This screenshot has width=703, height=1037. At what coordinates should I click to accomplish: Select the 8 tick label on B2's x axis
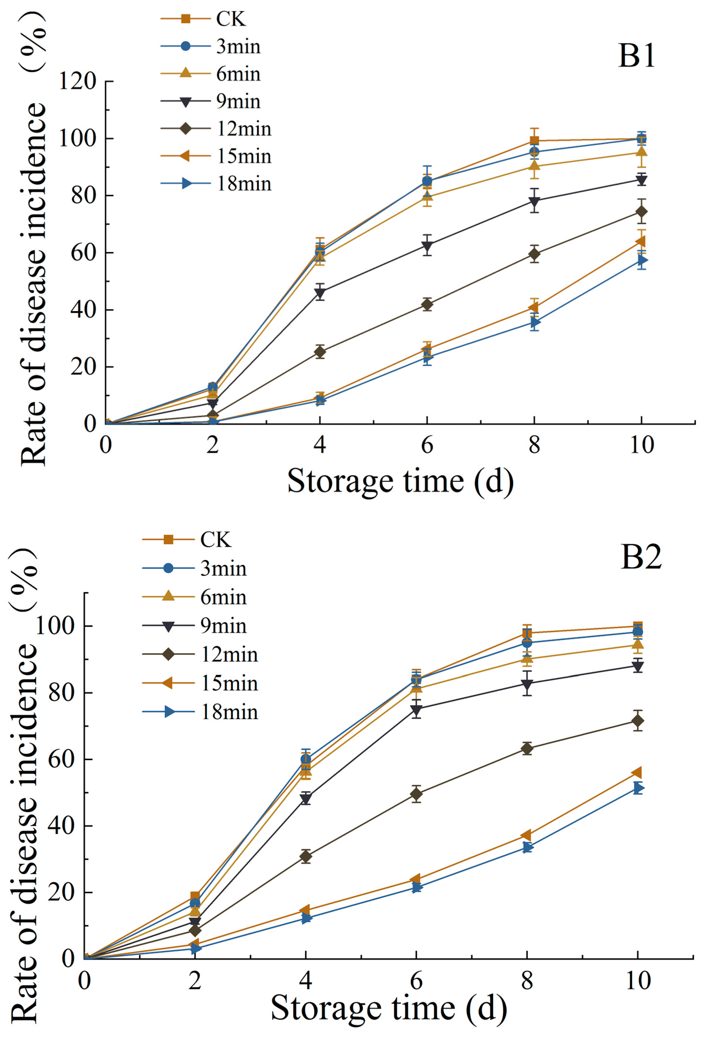(x=527, y=981)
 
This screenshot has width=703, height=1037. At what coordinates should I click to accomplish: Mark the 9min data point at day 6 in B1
(x=427, y=246)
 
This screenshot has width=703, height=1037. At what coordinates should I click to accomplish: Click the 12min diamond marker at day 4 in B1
(x=320, y=352)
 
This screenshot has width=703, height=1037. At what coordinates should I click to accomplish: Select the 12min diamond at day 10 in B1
(x=641, y=211)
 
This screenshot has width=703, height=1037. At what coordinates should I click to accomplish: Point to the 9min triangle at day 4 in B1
(x=320, y=293)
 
